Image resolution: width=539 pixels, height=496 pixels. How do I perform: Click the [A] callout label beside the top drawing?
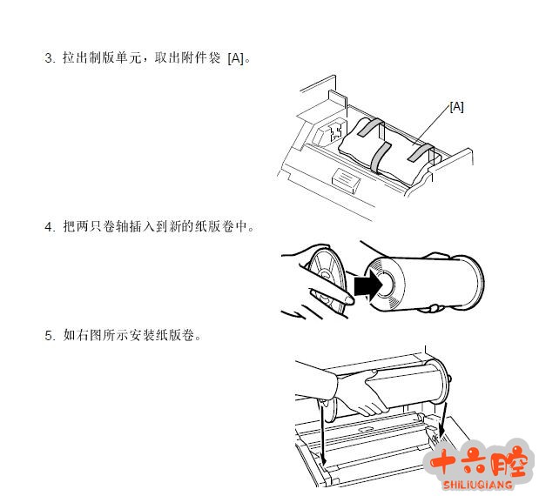[x=456, y=107]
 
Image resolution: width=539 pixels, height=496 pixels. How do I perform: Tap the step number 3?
[x=48, y=57]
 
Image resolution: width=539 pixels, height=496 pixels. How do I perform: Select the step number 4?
[x=48, y=227]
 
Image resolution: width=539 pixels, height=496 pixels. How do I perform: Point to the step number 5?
[x=48, y=336]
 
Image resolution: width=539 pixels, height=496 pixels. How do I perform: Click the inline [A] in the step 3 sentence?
[x=236, y=58]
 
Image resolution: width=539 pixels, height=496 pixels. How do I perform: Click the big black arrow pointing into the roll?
[x=368, y=285]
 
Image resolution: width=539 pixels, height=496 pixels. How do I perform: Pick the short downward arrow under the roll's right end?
[x=443, y=420]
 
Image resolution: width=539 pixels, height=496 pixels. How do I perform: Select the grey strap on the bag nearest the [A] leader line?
[x=420, y=153]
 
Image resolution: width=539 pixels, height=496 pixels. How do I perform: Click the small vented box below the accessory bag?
[x=346, y=178]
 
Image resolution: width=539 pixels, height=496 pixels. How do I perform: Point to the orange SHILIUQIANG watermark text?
[x=478, y=485]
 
